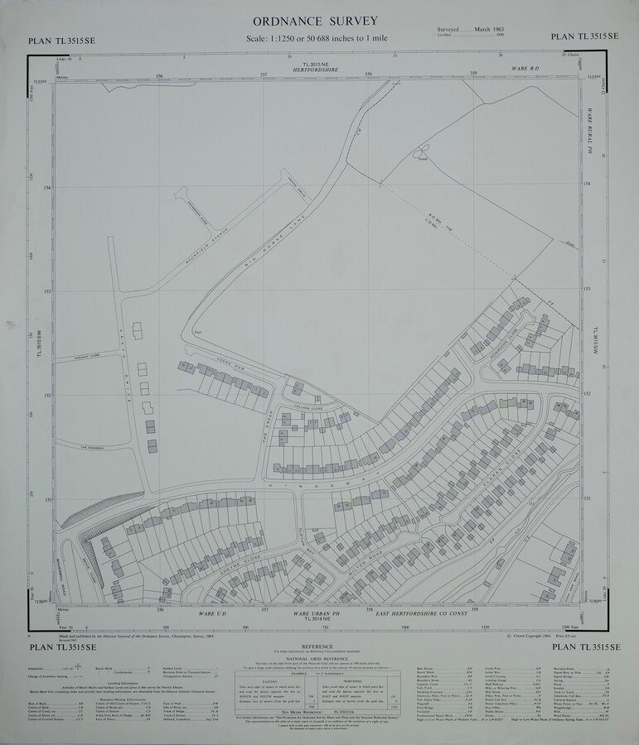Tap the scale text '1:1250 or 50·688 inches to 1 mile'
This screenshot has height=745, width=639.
(317, 39)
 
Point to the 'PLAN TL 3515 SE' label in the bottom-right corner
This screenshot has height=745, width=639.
(584, 647)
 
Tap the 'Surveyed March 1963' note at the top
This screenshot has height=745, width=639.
(464, 29)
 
